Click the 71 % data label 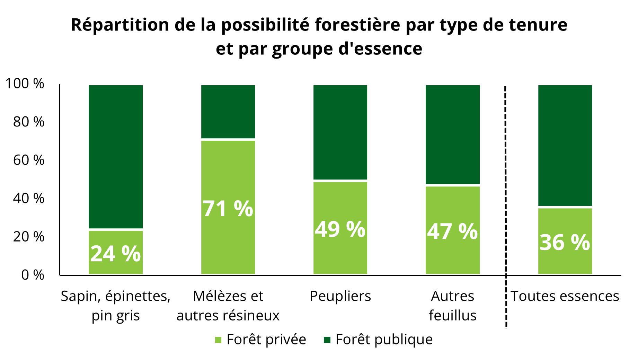coord(228,209)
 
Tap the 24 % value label coord(115,254)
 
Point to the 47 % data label coord(452,231)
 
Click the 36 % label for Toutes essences coord(565,242)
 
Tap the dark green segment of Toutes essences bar coord(565,146)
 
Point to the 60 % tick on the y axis coord(29,160)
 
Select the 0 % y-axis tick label coord(33,275)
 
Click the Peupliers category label coord(340,296)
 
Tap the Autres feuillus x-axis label coord(452,306)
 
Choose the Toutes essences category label coord(565,296)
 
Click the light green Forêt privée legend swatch coord(218,340)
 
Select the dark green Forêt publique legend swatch coord(327,340)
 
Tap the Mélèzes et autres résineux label coord(228,306)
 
